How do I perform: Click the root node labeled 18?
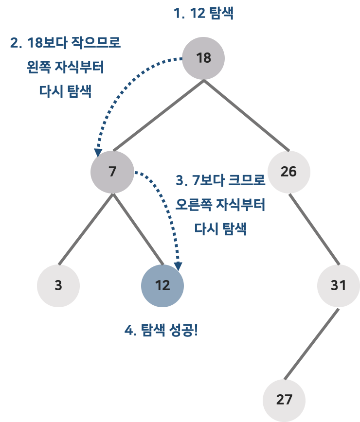pos(203,58)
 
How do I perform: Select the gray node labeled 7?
pos(112,172)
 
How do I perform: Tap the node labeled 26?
pos(288,172)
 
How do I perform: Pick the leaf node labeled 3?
pos(58,285)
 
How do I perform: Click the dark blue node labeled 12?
pos(162,285)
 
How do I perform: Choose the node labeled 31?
pos(338,285)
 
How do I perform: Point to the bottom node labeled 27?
pos(284,400)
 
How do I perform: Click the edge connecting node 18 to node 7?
pos(158,115)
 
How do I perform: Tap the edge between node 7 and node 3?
pos(86,229)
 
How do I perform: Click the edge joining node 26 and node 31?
pos(313,229)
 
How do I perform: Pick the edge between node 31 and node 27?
pos(311,343)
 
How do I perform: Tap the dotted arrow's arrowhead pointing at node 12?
pos(179,266)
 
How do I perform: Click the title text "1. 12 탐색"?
pos(203,14)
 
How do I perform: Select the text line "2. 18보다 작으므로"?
pos(65,43)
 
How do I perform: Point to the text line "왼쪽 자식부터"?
pos(65,67)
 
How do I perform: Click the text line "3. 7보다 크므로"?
pos(220,180)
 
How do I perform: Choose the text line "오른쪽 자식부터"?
pos(220,205)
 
